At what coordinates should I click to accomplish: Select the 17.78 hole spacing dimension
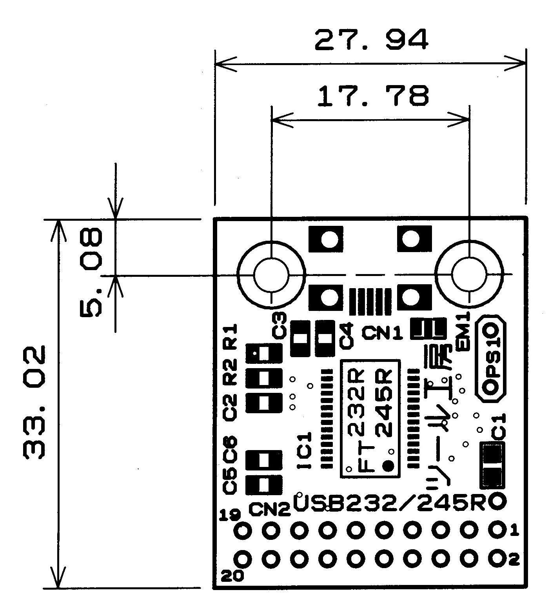(373, 96)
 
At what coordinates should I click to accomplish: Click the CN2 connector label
(270, 509)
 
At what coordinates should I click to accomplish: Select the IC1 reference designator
(305, 450)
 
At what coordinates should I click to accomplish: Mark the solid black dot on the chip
(388, 466)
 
